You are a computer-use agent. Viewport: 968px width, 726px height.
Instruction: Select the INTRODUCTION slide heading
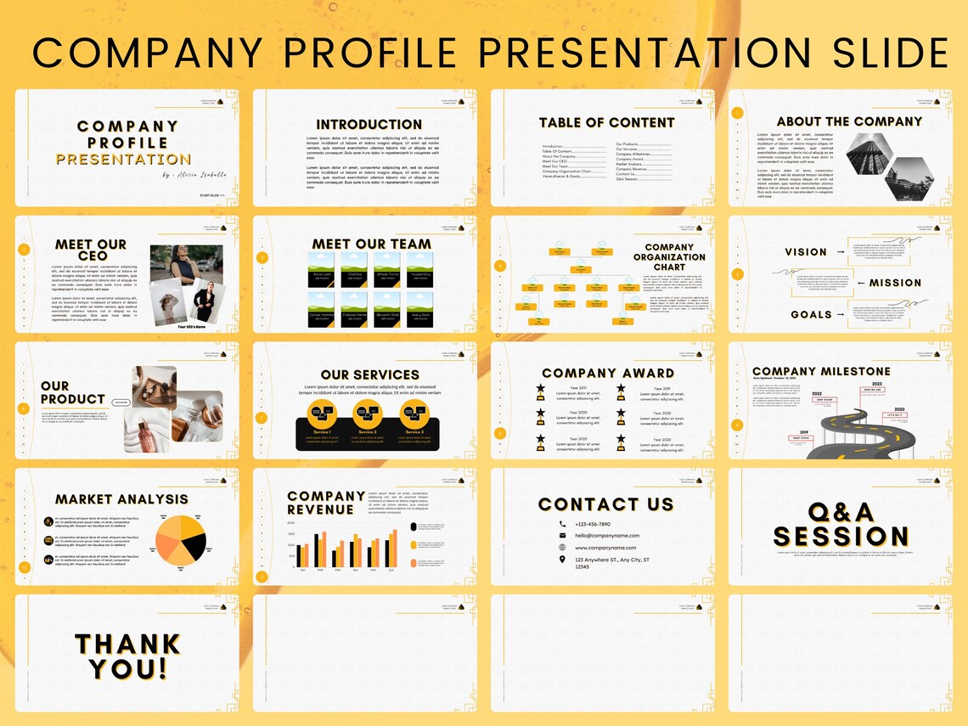coord(369,124)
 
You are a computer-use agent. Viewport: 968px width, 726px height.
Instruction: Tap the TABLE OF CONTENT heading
coord(606,122)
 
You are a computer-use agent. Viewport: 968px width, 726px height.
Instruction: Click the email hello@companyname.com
coord(606,536)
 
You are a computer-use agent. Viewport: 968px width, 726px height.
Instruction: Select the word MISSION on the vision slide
coord(894,283)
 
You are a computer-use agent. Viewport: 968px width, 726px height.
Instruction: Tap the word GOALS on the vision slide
coord(811,314)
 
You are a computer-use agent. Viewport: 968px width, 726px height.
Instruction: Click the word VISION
coord(805,252)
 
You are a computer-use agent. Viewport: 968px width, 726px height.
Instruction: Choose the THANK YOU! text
coord(127,656)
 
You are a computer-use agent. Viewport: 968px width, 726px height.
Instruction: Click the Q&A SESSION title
coord(841,524)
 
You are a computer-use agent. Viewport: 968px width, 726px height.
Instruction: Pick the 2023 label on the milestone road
coord(876,384)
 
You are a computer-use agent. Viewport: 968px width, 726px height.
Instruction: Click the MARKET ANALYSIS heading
coord(121,499)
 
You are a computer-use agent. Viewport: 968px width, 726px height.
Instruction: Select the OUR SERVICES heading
coord(369,374)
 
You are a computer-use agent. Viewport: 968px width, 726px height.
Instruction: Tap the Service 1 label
coord(322,431)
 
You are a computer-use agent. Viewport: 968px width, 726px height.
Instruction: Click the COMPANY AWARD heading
coord(607,373)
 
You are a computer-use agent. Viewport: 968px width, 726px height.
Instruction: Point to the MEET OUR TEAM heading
coord(371,244)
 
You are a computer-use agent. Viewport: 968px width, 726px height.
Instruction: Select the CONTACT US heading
coord(605,504)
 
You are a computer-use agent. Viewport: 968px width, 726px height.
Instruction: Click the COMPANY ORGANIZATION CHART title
coord(669,257)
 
